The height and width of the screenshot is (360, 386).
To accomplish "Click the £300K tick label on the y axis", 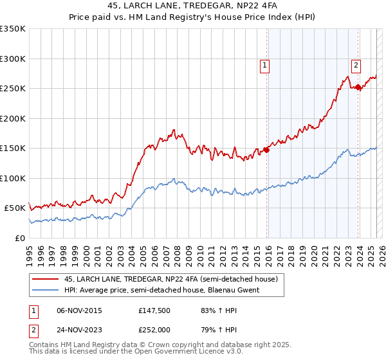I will (x=13, y=59).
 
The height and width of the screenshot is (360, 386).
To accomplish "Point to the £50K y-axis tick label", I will (x=15, y=208).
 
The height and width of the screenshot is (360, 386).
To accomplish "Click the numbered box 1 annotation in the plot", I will (x=264, y=64).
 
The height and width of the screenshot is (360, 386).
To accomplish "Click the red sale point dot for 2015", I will (x=266, y=150).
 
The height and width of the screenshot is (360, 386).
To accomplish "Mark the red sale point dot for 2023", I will (x=358, y=87).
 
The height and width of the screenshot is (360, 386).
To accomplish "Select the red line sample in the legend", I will (x=46, y=279).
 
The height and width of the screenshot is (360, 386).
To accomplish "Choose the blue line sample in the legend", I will (x=46, y=290).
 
